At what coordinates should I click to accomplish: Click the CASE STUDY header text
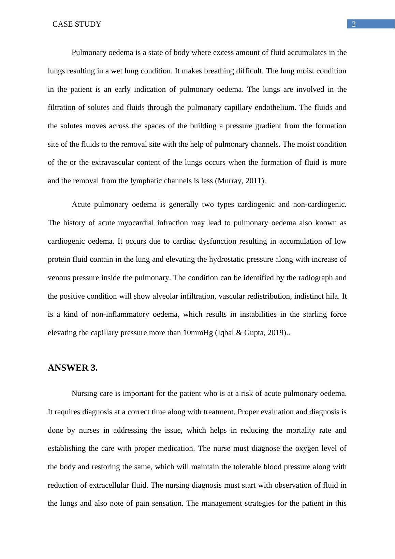click(77, 24)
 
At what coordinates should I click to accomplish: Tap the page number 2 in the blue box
click(354, 24)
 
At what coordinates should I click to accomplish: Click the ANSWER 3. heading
click(73, 368)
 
